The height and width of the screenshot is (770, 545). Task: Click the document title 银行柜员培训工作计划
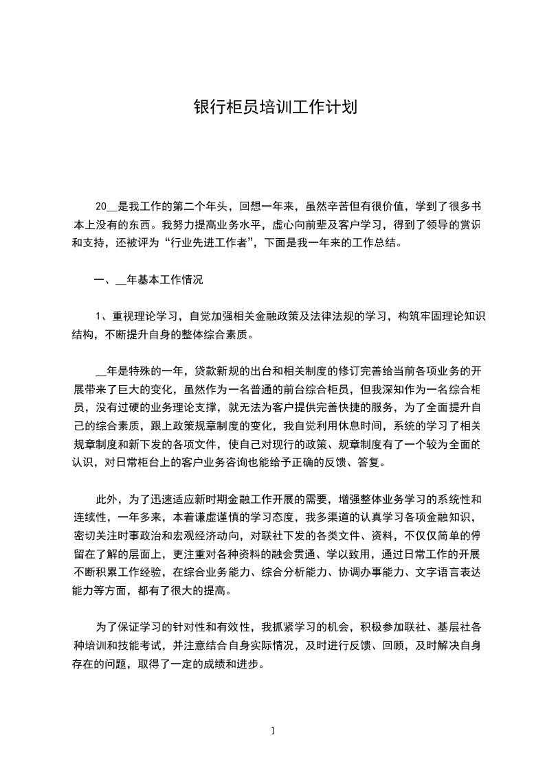tap(273, 108)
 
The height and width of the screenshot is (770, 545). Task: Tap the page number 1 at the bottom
tap(273, 731)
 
